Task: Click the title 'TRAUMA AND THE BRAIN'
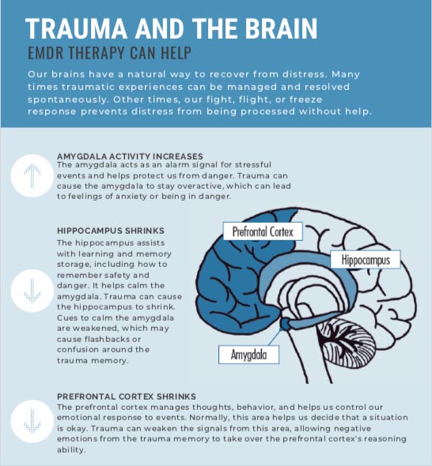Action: coord(172,28)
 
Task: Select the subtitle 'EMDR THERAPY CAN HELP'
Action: coord(109,53)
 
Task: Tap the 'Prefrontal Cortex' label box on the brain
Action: coord(263,231)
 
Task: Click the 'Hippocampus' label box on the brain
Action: coord(366,259)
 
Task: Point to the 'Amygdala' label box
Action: coord(248,355)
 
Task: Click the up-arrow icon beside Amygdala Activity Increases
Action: coord(32,175)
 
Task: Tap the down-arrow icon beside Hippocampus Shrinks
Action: coord(32,291)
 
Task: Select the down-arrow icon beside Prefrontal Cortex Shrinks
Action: coord(32,422)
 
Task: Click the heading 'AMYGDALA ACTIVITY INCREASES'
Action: coord(130,156)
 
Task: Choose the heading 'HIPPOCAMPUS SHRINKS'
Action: coord(111,231)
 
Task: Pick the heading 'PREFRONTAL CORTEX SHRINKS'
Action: coord(127,396)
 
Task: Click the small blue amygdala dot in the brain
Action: coord(285,324)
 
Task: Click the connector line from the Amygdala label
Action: coord(275,337)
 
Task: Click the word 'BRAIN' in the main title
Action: coord(282,28)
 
